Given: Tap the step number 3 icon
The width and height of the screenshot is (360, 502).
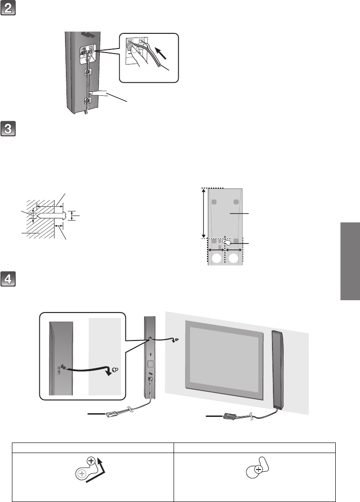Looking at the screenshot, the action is (x=9, y=129).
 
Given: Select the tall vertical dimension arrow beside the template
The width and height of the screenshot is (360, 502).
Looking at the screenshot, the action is (x=203, y=213).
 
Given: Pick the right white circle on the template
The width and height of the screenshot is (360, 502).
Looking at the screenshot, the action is (x=235, y=259).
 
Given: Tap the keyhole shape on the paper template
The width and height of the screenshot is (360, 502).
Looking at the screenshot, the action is (x=225, y=243).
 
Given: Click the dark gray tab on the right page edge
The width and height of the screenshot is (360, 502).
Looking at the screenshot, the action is (x=349, y=261).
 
